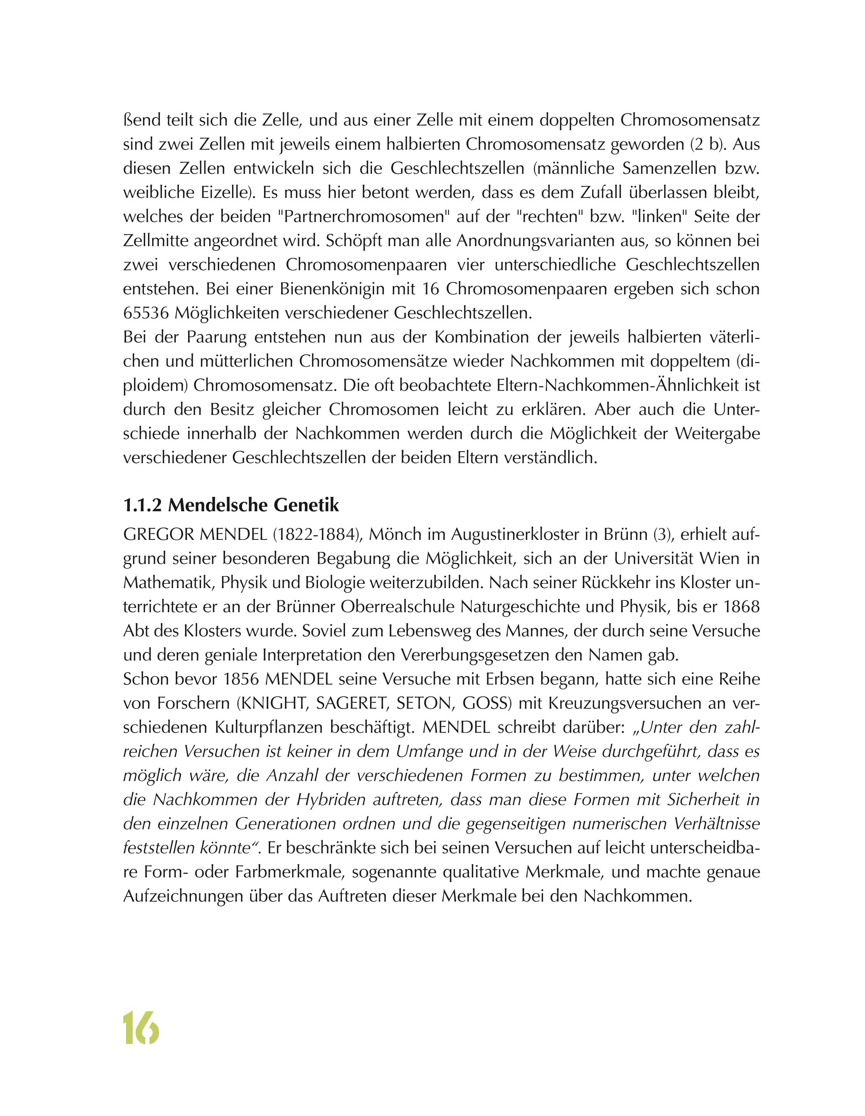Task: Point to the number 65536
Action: (x=146, y=313)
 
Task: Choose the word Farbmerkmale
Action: (x=289, y=872)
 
